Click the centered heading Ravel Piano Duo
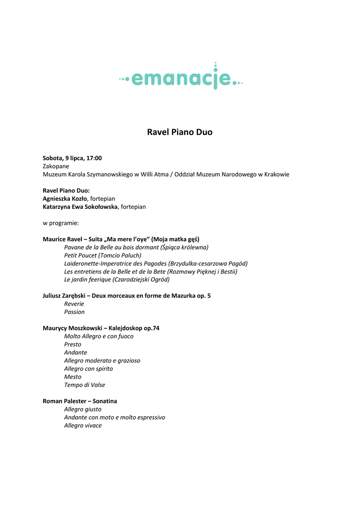(180, 132)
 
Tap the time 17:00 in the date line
(94, 158)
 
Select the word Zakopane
(56, 166)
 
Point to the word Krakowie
(277, 174)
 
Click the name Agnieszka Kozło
(65, 198)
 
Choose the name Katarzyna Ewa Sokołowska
(80, 206)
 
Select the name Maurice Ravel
(63, 239)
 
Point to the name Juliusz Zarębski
(67, 296)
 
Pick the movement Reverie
(74, 304)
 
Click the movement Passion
(74, 312)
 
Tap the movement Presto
(72, 344)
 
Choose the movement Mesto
(72, 377)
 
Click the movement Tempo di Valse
(84, 385)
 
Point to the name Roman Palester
(64, 401)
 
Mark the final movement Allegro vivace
(83, 426)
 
